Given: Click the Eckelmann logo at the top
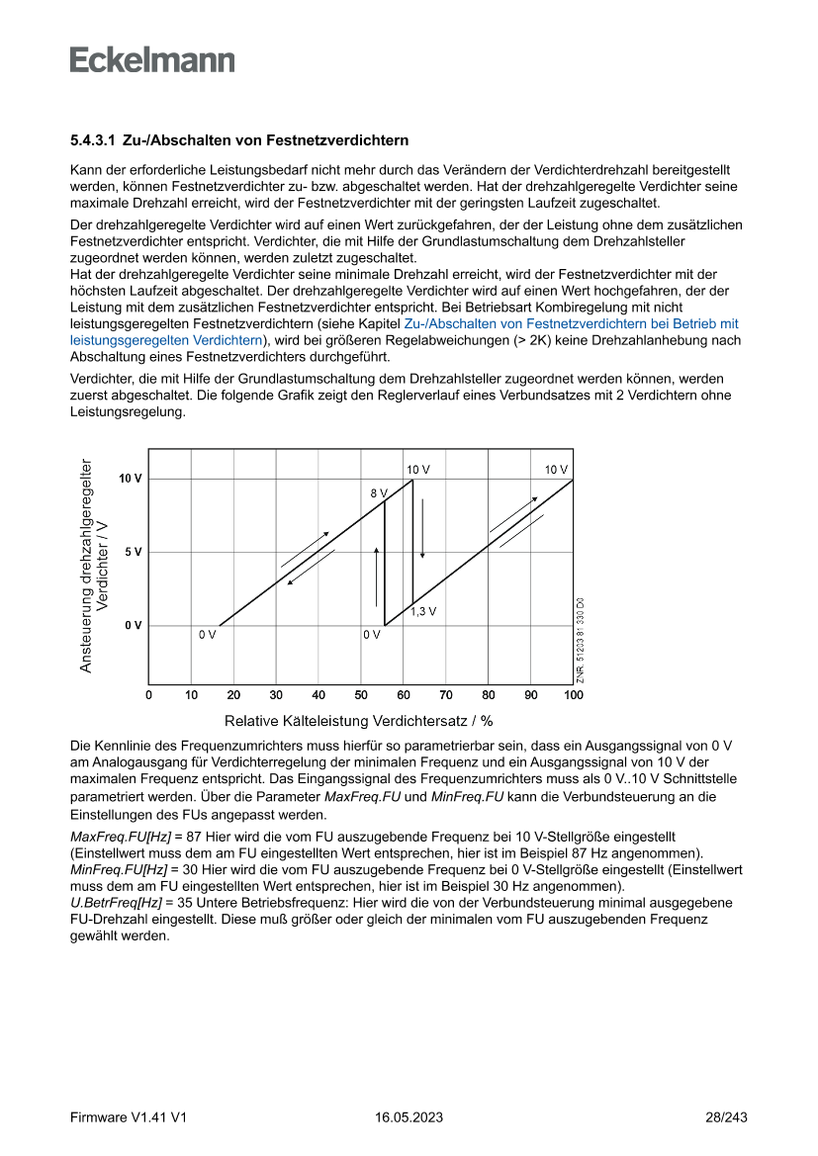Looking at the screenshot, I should [152, 59].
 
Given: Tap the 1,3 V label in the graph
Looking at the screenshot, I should [423, 611].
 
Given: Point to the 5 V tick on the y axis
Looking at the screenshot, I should [133, 552].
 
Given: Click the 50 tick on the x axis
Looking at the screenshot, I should [361, 695].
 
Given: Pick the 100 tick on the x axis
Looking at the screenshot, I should [574, 695].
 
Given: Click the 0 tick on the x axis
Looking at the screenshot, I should [148, 695].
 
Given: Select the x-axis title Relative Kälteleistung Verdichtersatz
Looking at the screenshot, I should [359, 720].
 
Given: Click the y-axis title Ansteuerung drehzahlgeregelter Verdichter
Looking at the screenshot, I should [94, 566].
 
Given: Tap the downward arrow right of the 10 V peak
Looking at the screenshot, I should [422, 528].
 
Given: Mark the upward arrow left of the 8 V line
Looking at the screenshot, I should [376, 576].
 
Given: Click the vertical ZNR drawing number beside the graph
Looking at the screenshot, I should [581, 639].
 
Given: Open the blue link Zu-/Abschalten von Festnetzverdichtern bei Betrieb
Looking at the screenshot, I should [571, 323].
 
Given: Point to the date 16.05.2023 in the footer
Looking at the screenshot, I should [409, 1117].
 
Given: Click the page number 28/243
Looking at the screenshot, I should [726, 1117].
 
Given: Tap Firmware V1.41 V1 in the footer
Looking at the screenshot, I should [129, 1117].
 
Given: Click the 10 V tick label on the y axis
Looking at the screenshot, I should [131, 479].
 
